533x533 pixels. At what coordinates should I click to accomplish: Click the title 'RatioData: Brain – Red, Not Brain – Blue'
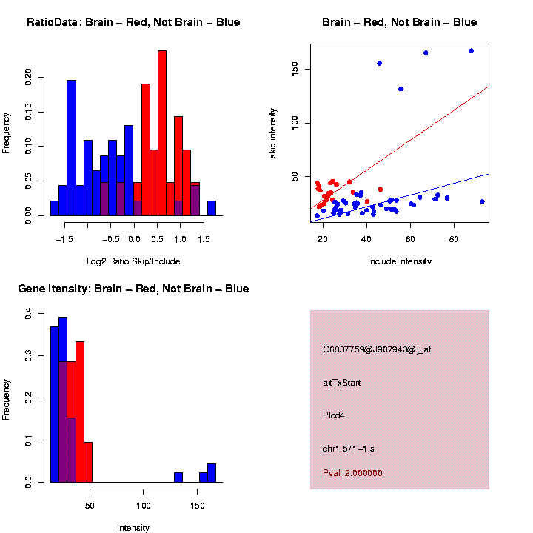tap(133, 22)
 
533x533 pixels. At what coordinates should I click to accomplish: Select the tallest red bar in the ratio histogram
tap(162, 133)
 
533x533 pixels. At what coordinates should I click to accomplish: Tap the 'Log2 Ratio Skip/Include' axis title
tap(133, 261)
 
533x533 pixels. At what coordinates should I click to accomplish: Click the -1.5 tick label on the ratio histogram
tap(65, 240)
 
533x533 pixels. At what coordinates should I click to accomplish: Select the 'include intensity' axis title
tap(400, 261)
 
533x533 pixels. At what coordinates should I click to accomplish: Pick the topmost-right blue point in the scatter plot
tap(471, 51)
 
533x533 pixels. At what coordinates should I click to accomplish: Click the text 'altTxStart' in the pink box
tap(342, 383)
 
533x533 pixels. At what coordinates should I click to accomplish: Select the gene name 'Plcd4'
tap(334, 415)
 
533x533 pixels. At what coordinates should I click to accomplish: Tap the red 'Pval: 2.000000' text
tap(352, 473)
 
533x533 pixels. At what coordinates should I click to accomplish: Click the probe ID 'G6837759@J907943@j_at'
tap(377, 349)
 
